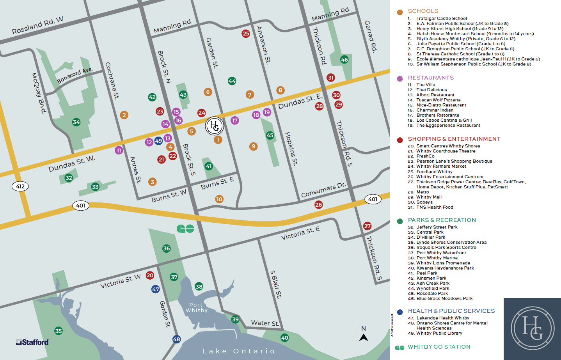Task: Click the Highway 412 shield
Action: (20, 186)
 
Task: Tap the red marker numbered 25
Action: (246, 34)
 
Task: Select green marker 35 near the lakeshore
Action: (59, 331)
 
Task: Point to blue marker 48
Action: (177, 339)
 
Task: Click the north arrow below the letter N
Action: (364, 337)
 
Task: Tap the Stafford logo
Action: (32, 342)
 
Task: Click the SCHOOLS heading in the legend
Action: (423, 11)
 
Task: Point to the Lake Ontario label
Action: (239, 351)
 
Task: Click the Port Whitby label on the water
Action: (197, 308)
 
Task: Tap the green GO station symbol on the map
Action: (185, 229)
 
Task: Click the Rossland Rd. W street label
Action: (37, 25)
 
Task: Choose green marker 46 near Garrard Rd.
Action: (344, 60)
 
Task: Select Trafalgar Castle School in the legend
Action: (441, 18)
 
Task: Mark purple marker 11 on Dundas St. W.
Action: (119, 150)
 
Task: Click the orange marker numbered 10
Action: (219, 199)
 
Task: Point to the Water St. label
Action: (265, 323)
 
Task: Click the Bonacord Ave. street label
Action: (75, 75)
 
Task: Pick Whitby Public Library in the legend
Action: (439, 333)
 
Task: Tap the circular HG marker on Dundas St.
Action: (215, 126)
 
